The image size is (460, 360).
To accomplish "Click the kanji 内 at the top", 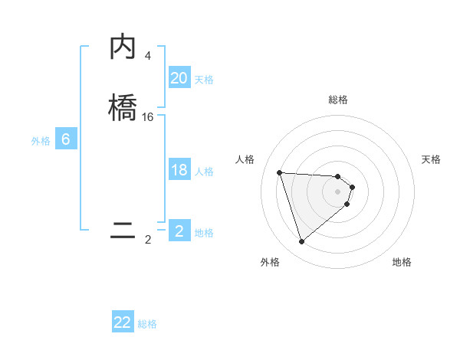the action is [x=123, y=48].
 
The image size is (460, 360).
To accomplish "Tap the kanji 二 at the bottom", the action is [x=123, y=231].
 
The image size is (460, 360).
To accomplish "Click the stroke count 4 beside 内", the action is [x=147, y=56].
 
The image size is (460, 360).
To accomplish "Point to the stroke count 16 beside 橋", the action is [x=148, y=116].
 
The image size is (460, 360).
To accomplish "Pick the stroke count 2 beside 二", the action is [x=148, y=240].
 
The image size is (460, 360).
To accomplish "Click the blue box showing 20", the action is [x=179, y=78].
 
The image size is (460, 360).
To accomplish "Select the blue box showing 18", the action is [x=179, y=170].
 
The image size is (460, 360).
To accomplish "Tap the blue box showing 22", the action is [x=123, y=322].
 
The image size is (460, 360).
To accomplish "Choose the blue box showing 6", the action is [x=66, y=139].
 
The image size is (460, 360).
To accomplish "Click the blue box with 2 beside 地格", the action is [x=179, y=231].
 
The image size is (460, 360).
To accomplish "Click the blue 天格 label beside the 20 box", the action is [x=204, y=80].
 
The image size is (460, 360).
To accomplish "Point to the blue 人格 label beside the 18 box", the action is [x=204, y=172].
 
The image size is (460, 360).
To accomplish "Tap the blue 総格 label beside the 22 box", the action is [x=147, y=324].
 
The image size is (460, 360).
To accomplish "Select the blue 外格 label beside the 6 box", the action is [x=41, y=141].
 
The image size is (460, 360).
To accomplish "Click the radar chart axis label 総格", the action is [x=338, y=100].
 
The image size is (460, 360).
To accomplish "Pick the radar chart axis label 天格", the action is [x=432, y=159].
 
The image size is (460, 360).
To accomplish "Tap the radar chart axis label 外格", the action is [x=270, y=262].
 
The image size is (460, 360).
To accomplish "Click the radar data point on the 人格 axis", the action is [x=280, y=172].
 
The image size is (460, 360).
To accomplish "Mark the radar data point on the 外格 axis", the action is [x=302, y=242].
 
